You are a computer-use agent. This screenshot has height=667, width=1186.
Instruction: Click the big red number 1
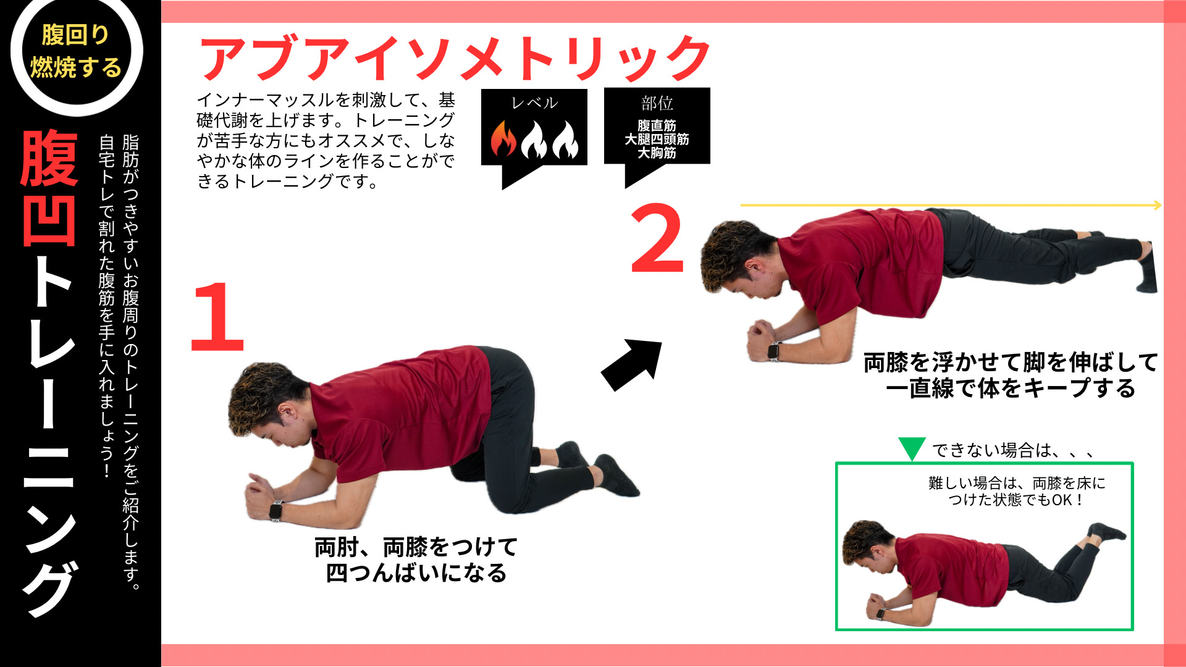217,317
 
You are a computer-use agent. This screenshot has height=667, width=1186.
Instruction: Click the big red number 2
657,238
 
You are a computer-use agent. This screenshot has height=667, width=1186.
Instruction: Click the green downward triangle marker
911,448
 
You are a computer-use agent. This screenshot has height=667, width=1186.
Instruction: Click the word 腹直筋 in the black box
657,125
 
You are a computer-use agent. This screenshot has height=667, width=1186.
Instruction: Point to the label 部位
657,103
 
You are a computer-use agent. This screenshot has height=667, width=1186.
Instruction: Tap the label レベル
534,103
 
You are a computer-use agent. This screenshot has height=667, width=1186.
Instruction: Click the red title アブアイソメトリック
455,57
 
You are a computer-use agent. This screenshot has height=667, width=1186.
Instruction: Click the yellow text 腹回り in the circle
75,35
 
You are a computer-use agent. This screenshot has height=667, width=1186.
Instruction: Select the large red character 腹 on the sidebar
49,158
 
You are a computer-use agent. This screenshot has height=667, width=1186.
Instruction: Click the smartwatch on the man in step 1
275,511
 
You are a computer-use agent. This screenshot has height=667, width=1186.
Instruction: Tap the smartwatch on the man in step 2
773,351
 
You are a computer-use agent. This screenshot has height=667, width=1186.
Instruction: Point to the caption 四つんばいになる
416,573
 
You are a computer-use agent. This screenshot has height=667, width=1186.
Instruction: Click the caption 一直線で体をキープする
1011,388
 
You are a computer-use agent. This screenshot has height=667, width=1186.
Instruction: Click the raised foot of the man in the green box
1109,531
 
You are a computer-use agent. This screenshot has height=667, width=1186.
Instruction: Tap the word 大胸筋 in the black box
657,153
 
